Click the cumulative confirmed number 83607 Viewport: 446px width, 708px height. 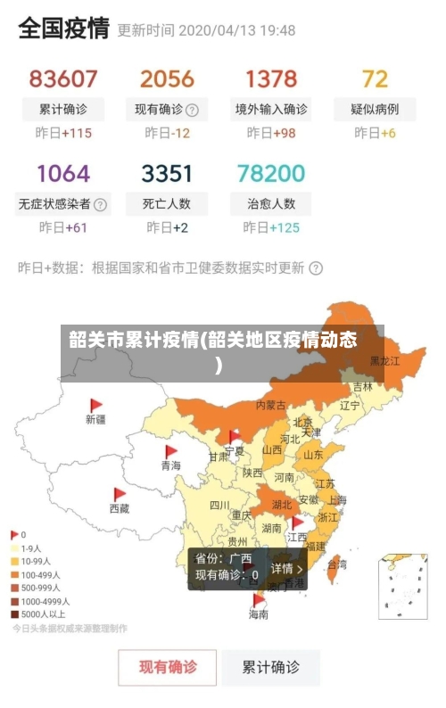[63, 78]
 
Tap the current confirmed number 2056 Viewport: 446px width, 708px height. [167, 78]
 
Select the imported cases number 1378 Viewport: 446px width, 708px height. [271, 78]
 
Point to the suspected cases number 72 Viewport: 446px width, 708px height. [375, 78]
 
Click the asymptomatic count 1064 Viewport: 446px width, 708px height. [63, 172]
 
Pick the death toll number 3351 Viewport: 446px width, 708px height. [167, 172]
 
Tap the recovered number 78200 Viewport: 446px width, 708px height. [271, 172]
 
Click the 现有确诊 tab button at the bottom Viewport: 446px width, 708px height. [168, 666]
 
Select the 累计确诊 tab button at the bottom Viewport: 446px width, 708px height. [272, 666]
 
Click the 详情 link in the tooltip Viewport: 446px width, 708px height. [286, 568]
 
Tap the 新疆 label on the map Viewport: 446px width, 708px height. [95, 418]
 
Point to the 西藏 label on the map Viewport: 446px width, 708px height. [119, 508]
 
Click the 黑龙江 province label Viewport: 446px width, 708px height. [384, 361]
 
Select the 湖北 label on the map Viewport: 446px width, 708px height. [281, 505]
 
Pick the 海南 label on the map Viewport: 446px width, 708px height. [258, 614]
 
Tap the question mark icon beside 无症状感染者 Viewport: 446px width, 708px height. [100, 204]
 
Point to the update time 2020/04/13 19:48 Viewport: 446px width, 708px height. [236, 30]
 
